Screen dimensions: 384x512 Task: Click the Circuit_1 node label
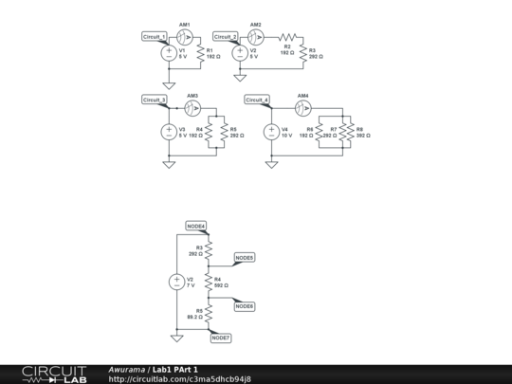point(155,36)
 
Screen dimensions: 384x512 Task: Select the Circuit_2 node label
point(226,36)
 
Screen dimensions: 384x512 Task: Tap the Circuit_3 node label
point(155,99)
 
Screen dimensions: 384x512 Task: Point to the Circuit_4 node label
point(257,99)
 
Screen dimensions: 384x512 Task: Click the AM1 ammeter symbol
point(185,36)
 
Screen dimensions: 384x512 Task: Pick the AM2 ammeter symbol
point(256,36)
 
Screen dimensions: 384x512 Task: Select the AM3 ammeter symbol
point(192,107)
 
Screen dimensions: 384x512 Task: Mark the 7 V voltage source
point(176,282)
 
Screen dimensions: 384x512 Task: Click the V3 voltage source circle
point(169,132)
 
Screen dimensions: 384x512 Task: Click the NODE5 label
point(244,258)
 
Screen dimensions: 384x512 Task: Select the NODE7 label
point(221,338)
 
